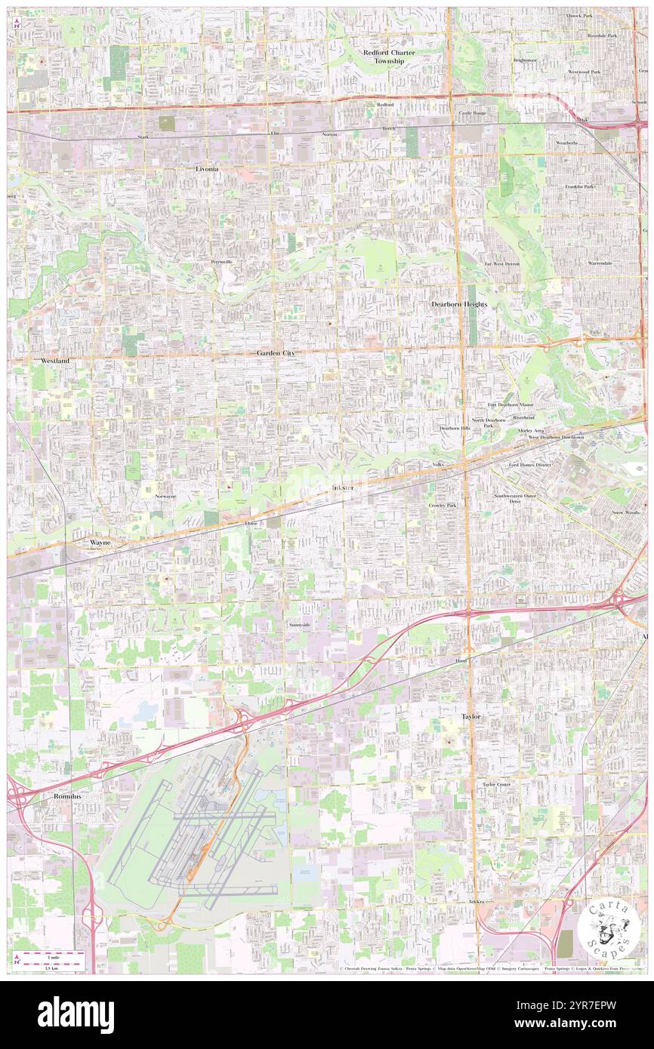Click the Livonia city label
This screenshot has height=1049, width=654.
pyautogui.click(x=206, y=169)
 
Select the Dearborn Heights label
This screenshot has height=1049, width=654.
pyautogui.click(x=459, y=304)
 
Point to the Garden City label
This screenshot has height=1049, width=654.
pyautogui.click(x=275, y=353)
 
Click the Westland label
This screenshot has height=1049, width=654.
pyautogui.click(x=55, y=361)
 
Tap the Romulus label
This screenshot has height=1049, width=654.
pyautogui.click(x=66, y=796)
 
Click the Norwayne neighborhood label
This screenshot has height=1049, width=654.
pyautogui.click(x=165, y=497)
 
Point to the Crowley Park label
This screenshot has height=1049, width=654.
pyautogui.click(x=443, y=505)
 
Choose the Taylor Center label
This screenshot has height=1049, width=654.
pyautogui.click(x=497, y=784)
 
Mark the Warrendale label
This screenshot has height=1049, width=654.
pyautogui.click(x=600, y=263)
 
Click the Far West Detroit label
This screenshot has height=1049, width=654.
pyautogui.click(x=502, y=264)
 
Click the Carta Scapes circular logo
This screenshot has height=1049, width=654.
pyautogui.click(x=609, y=931)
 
